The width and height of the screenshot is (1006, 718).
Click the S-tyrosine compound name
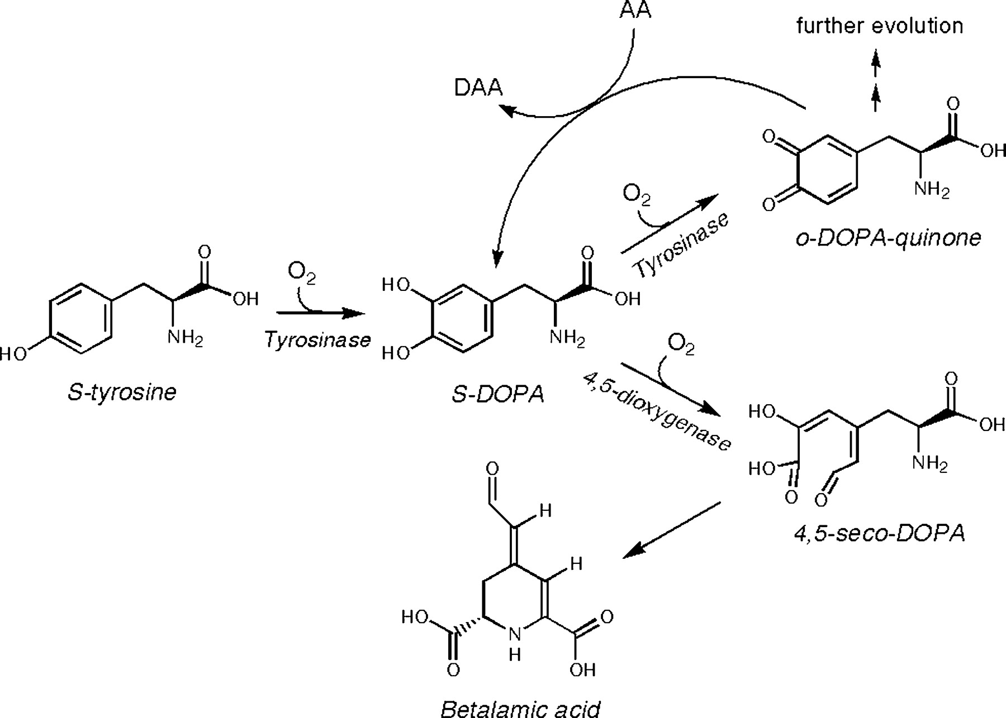[x=122, y=392]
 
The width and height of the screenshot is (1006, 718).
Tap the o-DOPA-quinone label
[x=888, y=238]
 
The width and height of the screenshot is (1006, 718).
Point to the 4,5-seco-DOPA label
[x=880, y=534]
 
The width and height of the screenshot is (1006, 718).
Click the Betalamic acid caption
[x=520, y=708]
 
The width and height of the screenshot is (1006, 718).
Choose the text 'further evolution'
[x=880, y=26]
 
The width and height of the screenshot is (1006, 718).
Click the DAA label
[x=478, y=88]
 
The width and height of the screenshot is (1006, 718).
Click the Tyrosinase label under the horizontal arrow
[x=317, y=339]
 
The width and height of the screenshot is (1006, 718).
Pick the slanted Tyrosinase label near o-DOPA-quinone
[x=681, y=246]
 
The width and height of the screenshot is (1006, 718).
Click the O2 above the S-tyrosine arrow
[x=301, y=273]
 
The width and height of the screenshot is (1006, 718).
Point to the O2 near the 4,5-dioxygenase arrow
[x=681, y=345]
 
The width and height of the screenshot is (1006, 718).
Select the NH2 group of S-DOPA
[x=567, y=338]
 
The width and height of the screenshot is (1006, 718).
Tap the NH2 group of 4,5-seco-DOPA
[x=930, y=463]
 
